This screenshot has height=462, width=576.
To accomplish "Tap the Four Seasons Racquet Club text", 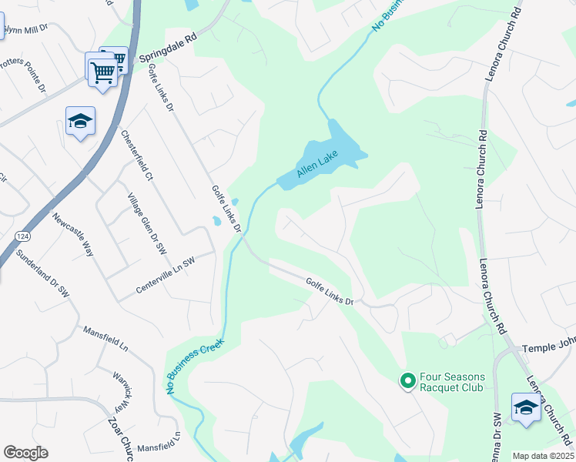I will click(x=451, y=382).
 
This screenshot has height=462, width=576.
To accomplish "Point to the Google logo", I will click(x=25, y=453).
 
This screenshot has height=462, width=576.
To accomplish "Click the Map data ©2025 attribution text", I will click(x=543, y=456).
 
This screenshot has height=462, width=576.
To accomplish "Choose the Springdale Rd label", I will click(x=168, y=47).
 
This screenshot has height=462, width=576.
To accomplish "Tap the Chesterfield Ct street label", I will click(x=138, y=155).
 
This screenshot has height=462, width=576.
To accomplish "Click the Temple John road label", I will click(x=548, y=349).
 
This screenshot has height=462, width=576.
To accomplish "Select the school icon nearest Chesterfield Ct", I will click(x=80, y=121).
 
